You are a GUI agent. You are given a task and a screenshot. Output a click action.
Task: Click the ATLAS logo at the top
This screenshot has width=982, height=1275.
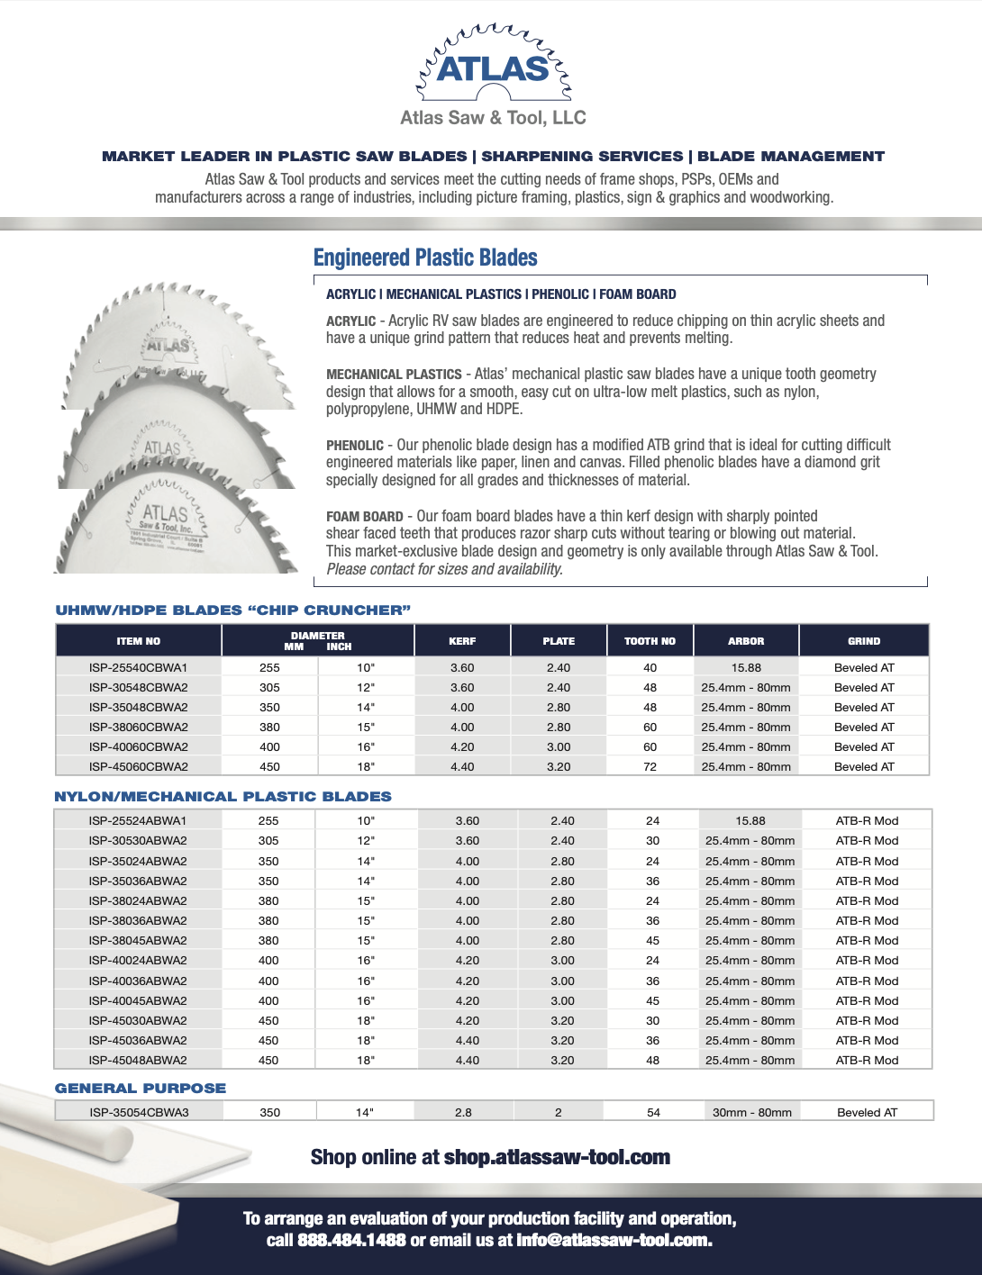tap(493, 68)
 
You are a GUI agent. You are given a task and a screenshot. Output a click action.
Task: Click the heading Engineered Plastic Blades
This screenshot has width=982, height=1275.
tap(425, 258)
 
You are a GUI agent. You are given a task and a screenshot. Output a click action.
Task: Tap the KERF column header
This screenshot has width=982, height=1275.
tap(462, 641)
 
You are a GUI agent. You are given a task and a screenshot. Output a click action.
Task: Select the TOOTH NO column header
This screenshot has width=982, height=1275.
tap(650, 641)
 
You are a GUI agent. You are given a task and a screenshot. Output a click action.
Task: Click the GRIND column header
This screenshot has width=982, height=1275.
tap(864, 641)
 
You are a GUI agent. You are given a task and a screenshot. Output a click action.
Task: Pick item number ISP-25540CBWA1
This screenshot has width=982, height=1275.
tap(139, 668)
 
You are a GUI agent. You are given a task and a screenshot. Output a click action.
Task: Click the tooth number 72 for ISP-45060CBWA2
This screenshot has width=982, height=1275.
tap(650, 767)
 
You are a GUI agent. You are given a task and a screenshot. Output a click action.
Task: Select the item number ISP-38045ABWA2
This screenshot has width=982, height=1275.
tap(138, 941)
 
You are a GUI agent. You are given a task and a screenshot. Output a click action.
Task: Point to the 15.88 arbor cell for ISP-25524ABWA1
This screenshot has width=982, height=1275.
tap(750, 821)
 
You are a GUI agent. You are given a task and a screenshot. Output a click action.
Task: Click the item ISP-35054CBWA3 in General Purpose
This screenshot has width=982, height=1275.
tap(139, 1113)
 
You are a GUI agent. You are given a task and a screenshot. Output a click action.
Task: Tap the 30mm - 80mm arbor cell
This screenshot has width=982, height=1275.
tap(752, 1113)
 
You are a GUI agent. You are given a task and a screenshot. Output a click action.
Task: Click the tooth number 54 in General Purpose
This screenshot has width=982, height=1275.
tap(653, 1113)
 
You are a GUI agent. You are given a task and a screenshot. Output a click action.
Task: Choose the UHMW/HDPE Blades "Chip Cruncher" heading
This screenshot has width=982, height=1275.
tap(233, 610)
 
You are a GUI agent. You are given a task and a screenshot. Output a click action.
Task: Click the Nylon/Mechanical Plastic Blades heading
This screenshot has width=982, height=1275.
tap(223, 797)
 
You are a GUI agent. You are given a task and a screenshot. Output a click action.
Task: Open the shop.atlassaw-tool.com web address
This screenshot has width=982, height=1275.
tap(557, 1158)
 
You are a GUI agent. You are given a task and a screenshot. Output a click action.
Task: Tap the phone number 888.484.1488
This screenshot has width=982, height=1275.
tap(351, 1241)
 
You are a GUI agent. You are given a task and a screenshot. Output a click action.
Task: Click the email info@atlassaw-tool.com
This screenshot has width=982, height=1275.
tap(614, 1241)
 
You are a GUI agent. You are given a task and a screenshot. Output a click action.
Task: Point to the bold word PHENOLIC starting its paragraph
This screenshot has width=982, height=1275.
tap(355, 446)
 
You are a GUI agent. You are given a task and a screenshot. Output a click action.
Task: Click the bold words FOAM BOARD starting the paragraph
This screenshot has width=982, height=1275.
tap(365, 517)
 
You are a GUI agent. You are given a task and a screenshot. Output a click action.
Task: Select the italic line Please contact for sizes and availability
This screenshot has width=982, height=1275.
tap(444, 569)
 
